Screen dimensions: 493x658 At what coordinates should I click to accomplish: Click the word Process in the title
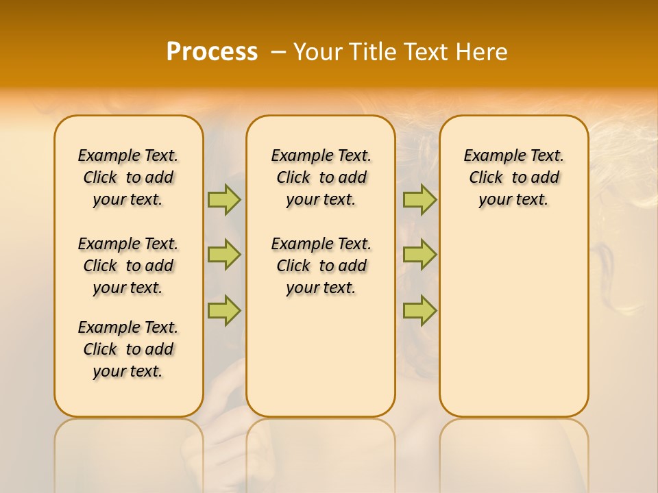(212, 52)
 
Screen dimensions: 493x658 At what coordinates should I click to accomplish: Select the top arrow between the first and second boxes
(224, 199)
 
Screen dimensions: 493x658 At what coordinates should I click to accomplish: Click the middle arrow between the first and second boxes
(224, 255)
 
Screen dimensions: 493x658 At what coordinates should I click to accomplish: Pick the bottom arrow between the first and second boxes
(224, 310)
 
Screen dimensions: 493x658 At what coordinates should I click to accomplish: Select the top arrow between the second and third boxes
(419, 199)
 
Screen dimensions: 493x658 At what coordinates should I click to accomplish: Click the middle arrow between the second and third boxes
(419, 255)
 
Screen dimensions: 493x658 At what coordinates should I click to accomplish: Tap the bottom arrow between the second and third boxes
(419, 310)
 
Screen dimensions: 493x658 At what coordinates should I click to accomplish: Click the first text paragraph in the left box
(128, 177)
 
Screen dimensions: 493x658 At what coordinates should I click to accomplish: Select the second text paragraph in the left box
(128, 266)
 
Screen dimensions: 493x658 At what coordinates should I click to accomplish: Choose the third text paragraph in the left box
(128, 349)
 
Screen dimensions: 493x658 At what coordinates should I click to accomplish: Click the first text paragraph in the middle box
(321, 177)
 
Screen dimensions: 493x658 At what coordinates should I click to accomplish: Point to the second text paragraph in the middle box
(321, 266)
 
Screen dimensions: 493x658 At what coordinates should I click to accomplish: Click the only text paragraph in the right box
(513, 177)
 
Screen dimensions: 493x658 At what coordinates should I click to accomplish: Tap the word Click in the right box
(486, 178)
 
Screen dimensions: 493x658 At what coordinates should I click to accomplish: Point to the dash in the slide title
(278, 52)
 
